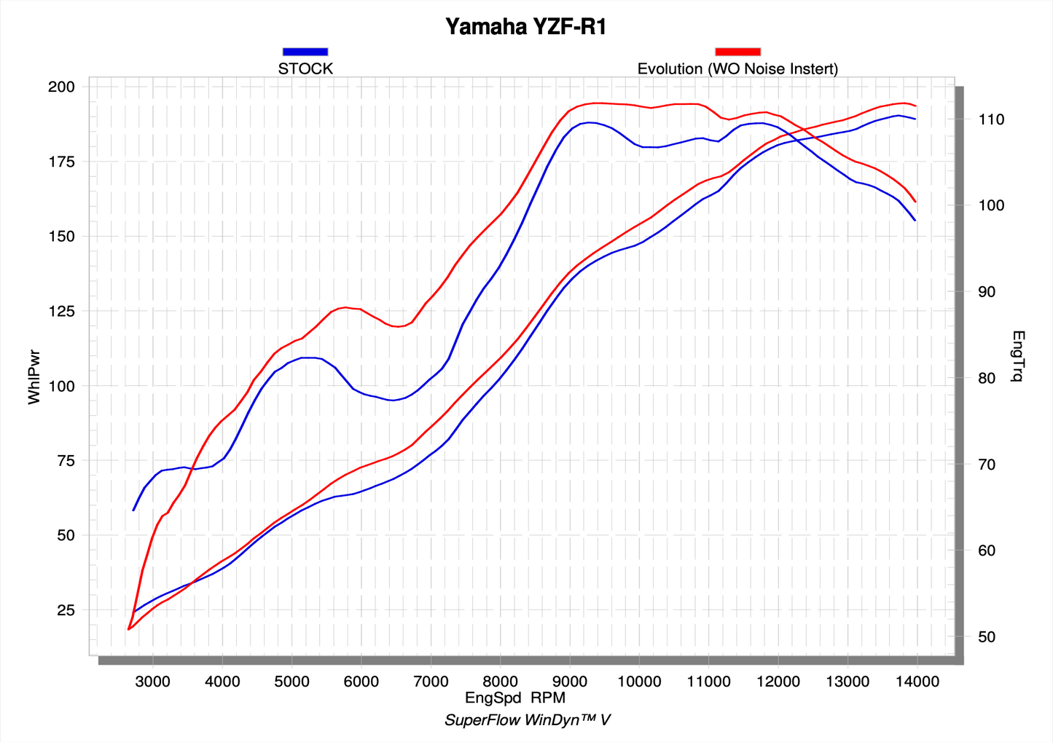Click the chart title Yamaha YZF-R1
pyautogui.click(x=525, y=27)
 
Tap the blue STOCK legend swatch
pyautogui.click(x=305, y=52)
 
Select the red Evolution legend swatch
pyautogui.click(x=737, y=52)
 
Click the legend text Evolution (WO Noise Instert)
pyautogui.click(x=737, y=69)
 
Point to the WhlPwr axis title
pyautogui.click(x=34, y=376)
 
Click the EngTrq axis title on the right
pyautogui.click(x=1018, y=356)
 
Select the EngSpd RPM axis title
pyautogui.click(x=515, y=698)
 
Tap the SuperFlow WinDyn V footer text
pyautogui.click(x=527, y=720)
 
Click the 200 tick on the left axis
pyautogui.click(x=61, y=87)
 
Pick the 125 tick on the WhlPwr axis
pyautogui.click(x=61, y=311)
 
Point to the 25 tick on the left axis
pyautogui.click(x=66, y=610)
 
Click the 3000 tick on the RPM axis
pyautogui.click(x=153, y=682)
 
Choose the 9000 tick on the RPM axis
pyautogui.click(x=570, y=682)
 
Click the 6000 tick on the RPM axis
pyautogui.click(x=361, y=682)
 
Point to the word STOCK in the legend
pyautogui.click(x=305, y=69)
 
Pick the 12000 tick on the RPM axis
pyautogui.click(x=778, y=682)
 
